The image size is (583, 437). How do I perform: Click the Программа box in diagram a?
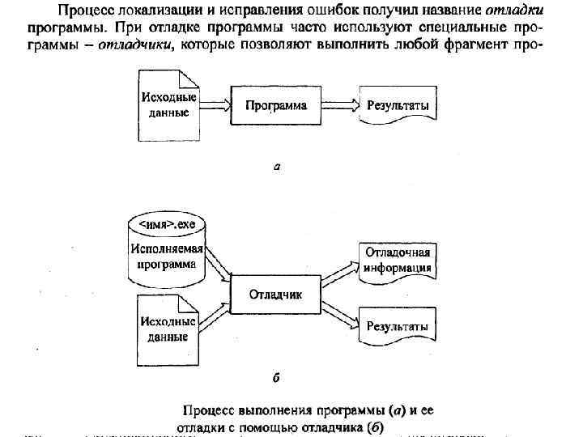tap(276, 105)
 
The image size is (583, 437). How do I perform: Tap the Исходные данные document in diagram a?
tap(168, 105)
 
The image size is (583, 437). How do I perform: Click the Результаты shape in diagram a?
tap(398, 106)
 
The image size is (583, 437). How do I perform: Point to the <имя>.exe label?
tap(168, 222)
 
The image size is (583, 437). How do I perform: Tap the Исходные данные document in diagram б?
tap(168, 329)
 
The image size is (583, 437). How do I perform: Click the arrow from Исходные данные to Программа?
tap(215, 105)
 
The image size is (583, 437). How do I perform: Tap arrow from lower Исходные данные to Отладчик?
tap(215, 318)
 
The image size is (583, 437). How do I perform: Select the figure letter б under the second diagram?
tap(277, 377)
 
